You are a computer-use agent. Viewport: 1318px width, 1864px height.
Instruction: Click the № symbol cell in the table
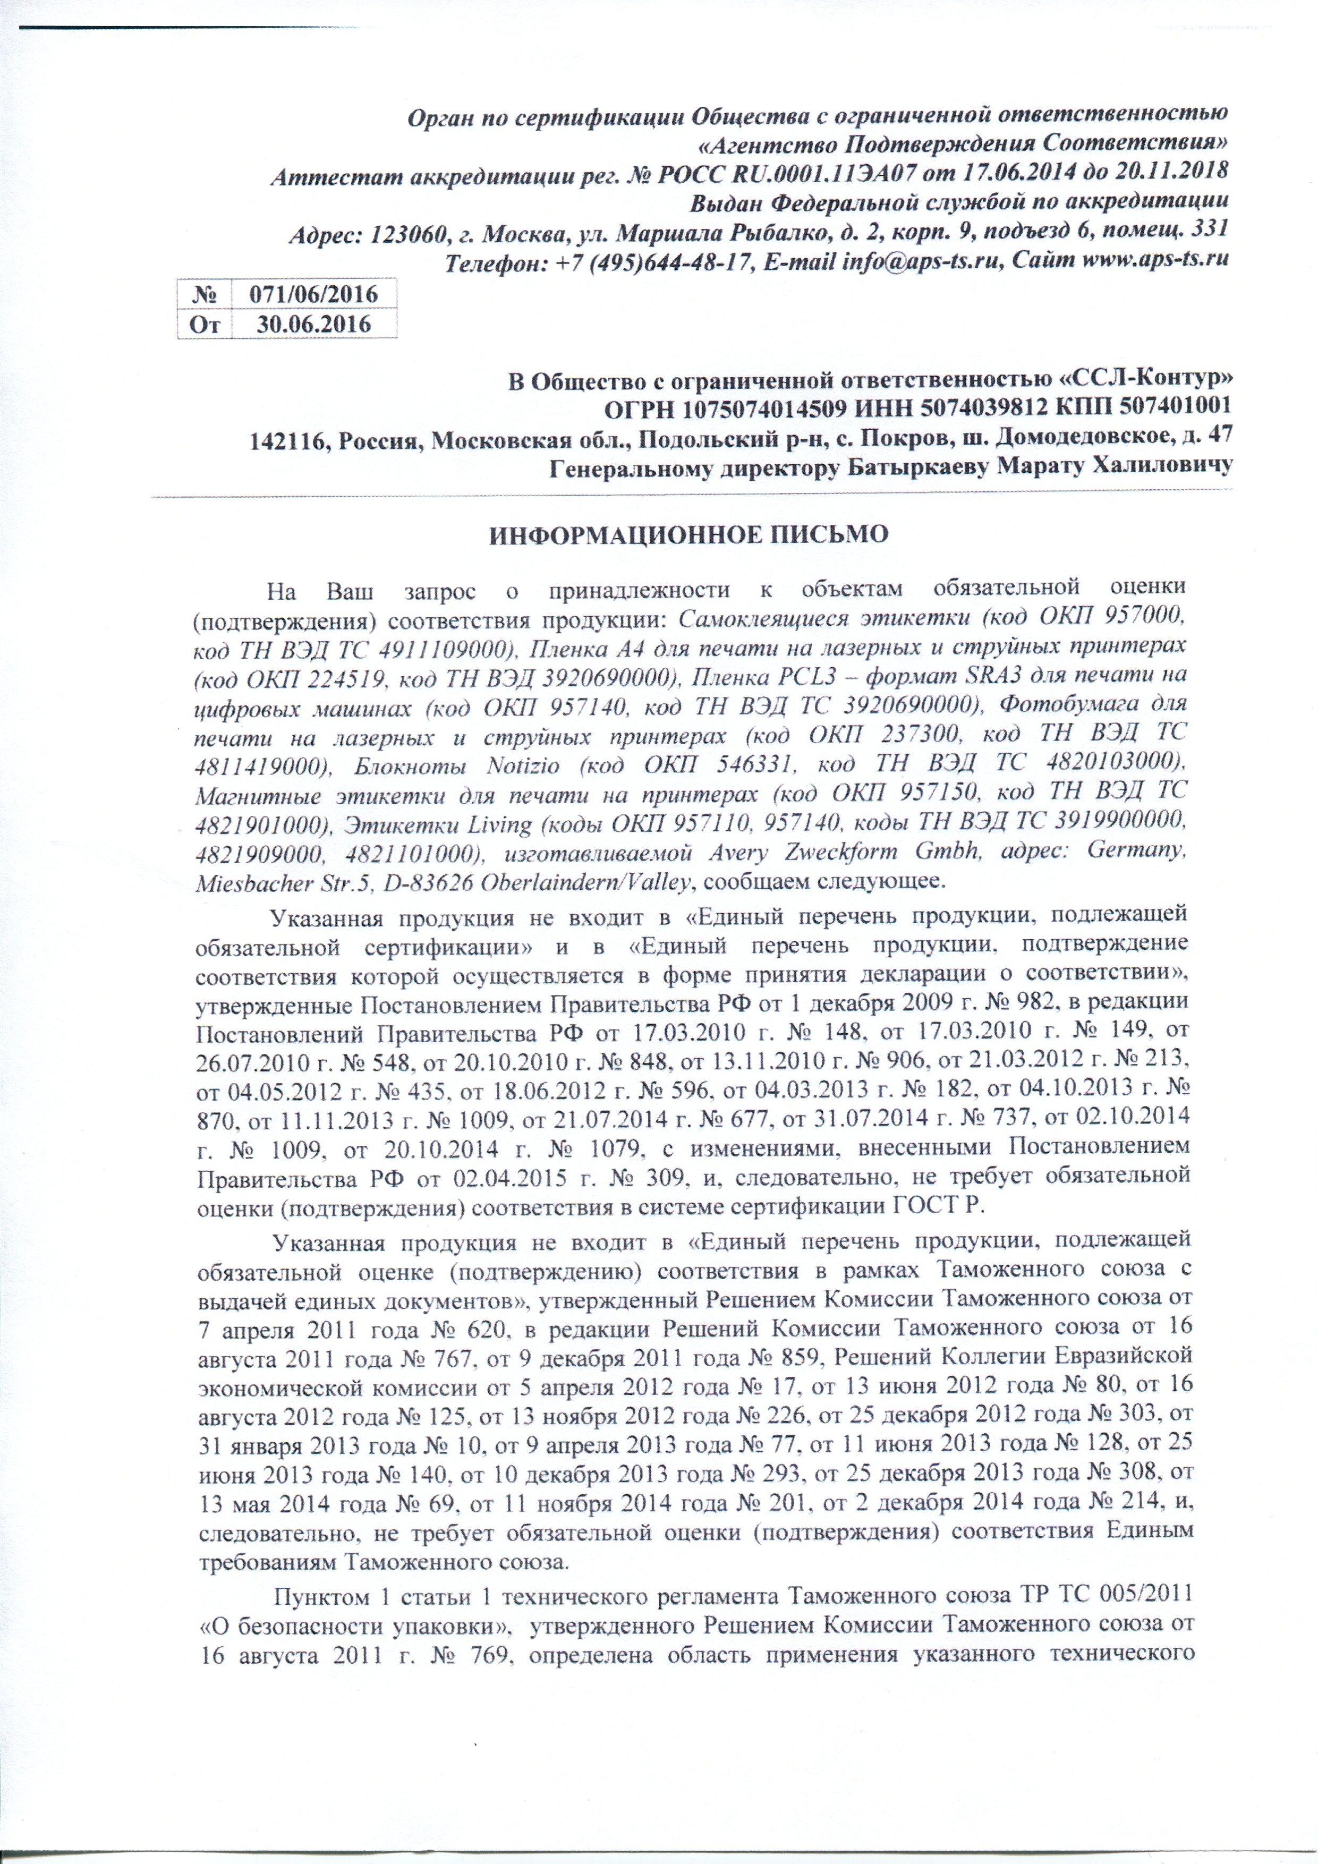(204, 293)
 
